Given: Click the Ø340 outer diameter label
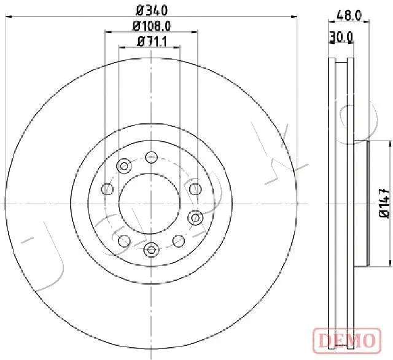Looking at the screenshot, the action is click(x=152, y=11).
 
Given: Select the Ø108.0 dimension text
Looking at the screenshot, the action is click(x=152, y=26).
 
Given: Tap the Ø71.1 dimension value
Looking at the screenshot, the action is click(x=152, y=42).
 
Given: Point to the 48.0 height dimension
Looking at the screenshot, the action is click(x=349, y=16).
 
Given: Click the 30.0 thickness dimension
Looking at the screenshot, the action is click(x=341, y=37).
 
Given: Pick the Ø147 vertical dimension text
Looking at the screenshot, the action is click(x=384, y=203).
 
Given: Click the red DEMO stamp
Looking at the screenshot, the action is click(x=347, y=340).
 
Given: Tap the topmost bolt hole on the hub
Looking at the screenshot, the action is click(x=151, y=158).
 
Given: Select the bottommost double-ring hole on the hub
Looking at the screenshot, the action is click(x=150, y=250).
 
